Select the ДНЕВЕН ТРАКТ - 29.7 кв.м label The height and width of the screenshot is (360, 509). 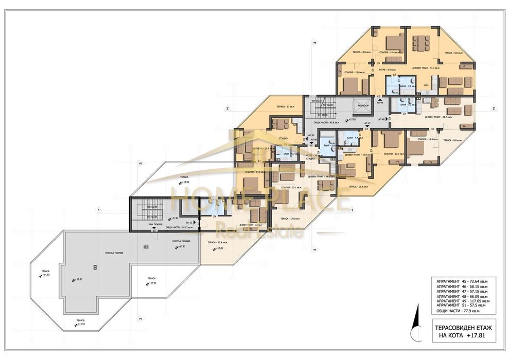tap(438, 117)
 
